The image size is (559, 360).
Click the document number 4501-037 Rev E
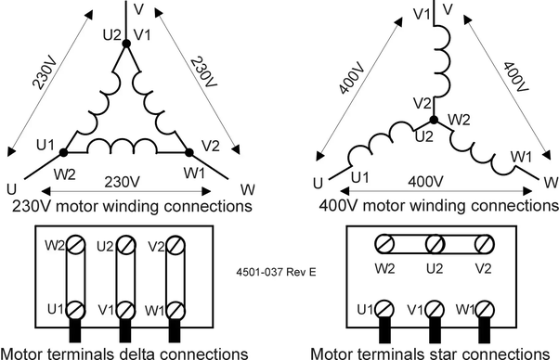click(276, 272)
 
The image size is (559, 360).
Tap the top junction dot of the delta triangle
click(126, 44)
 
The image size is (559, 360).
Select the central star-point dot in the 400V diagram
click(434, 120)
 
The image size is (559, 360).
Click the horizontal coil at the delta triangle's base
click(122, 147)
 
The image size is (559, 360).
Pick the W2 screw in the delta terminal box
click(75, 245)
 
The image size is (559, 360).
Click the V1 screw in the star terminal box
click(435, 309)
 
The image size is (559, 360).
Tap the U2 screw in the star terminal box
click(435, 244)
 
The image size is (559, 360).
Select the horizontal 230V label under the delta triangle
click(122, 182)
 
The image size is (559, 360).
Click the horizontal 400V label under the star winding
click(425, 182)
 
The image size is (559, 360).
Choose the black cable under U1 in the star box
click(384, 330)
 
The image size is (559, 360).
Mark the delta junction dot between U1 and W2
click(63, 153)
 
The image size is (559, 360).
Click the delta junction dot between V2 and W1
click(189, 153)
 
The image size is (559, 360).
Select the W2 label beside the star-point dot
click(459, 120)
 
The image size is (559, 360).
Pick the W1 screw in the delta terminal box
click(175, 310)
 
